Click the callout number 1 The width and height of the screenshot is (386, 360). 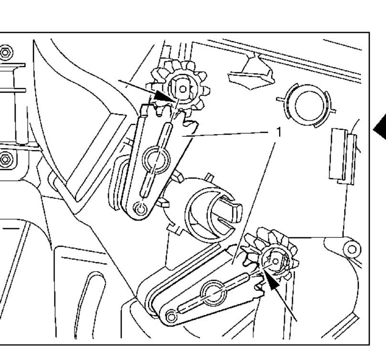point(279,132)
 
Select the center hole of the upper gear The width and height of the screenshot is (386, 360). point(182,89)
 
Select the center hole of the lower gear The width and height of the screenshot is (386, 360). point(276,261)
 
